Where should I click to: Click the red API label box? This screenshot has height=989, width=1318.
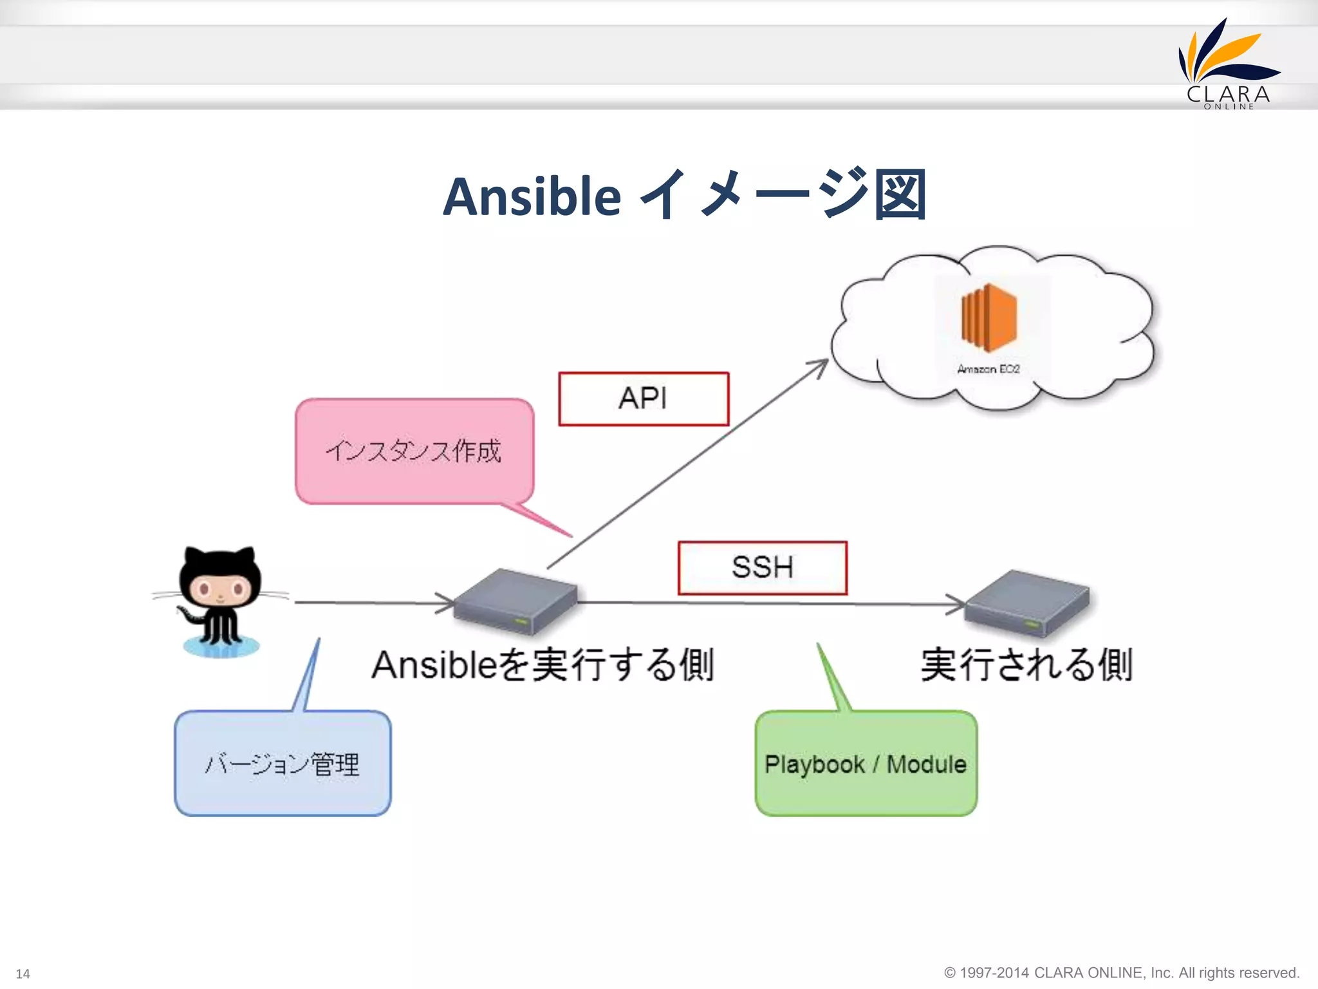pos(644,399)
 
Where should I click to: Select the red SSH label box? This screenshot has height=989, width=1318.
pos(763,567)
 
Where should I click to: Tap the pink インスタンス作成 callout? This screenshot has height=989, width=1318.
pos(414,451)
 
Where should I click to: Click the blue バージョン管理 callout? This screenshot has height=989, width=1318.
pos(283,764)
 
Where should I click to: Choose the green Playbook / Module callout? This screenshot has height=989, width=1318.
pos(866,764)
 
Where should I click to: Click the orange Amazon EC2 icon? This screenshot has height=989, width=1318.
pos(988,316)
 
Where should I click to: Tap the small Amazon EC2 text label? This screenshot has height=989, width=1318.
pos(988,369)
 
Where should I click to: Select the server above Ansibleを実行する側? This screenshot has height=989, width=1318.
pos(515,600)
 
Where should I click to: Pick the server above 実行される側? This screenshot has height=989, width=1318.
pos(1028,601)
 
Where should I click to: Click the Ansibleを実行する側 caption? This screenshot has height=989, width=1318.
pos(543,665)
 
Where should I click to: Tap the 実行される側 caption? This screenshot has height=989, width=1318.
pos(1027,665)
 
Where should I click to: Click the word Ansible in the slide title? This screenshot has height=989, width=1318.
pos(532,196)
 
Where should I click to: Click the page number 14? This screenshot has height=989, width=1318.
pos(23,974)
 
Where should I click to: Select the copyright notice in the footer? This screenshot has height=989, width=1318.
pos(1122,972)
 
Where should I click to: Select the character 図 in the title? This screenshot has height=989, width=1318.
pos(900,195)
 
